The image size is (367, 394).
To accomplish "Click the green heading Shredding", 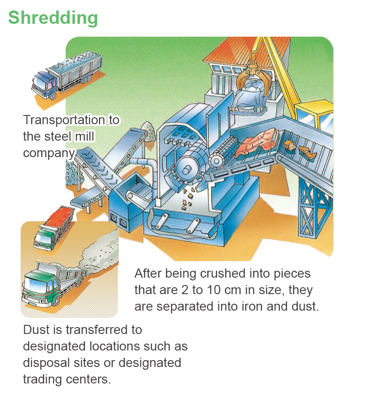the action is coord(53,18).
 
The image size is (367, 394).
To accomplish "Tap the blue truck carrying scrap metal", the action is coord(67,74).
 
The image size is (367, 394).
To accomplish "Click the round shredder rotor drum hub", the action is coord(186,170).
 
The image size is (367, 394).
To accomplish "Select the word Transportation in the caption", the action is coord(64,120).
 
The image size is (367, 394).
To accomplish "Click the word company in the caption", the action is coord(49,153).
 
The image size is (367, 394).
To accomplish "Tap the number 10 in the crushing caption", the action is coord(214,290).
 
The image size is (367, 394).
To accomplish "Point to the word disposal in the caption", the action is coord(46,363).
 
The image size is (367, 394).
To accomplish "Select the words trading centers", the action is coord(67,379).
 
